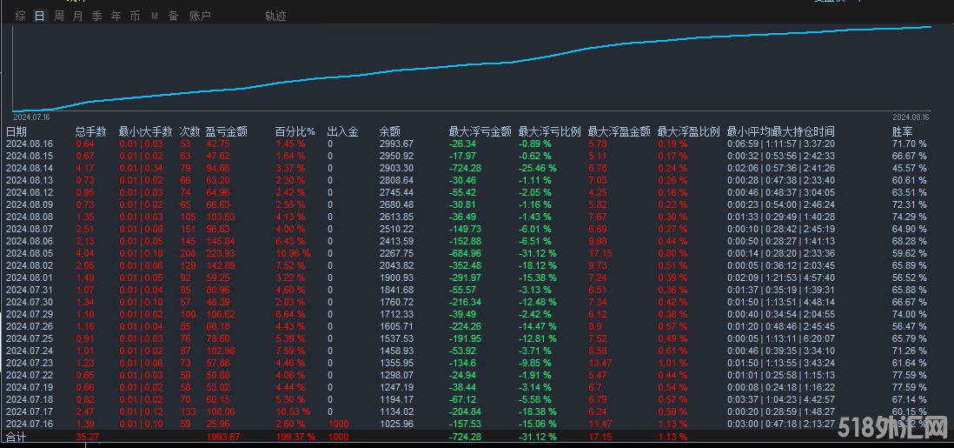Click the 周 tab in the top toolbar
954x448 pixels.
point(59,16)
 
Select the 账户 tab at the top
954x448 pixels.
point(200,16)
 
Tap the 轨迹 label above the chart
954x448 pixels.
point(275,16)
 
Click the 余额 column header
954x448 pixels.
point(390,132)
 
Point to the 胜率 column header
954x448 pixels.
point(903,132)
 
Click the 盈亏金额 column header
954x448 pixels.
point(226,132)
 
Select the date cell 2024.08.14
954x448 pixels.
point(29,167)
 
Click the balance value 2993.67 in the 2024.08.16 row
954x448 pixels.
point(396,144)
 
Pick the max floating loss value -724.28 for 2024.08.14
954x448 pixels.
point(465,167)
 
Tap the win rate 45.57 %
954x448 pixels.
point(910,167)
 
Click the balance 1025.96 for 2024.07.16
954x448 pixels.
point(396,424)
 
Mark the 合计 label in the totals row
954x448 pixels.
point(16,437)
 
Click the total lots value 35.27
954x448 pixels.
point(88,437)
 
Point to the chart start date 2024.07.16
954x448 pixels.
point(31,117)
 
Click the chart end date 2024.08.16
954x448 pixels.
point(911,117)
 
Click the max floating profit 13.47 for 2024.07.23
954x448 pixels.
point(600,363)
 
